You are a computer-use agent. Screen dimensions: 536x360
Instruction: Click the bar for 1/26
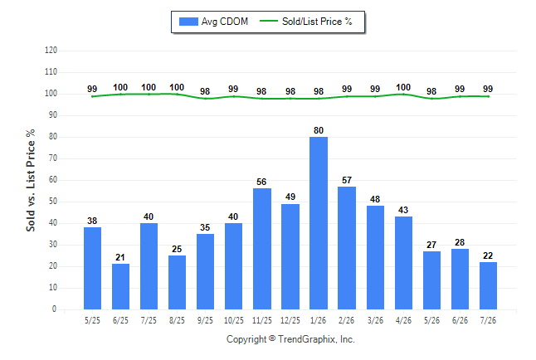click(319, 223)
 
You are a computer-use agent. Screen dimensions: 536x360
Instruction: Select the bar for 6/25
click(120, 286)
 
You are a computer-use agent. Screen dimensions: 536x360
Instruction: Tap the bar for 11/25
click(262, 249)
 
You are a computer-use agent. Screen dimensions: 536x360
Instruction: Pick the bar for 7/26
click(488, 285)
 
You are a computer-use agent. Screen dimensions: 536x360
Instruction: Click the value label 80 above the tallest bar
click(319, 130)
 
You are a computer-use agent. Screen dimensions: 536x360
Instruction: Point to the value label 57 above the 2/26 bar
click(347, 180)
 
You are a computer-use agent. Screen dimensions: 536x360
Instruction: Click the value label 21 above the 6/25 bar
click(120, 257)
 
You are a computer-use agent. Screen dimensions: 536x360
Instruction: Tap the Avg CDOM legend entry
click(213, 22)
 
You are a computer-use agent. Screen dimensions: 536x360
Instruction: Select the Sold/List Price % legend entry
click(306, 22)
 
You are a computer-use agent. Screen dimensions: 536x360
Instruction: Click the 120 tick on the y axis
click(51, 51)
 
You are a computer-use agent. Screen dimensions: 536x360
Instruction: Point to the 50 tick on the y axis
click(53, 202)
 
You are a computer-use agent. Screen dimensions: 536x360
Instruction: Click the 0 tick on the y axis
click(55, 309)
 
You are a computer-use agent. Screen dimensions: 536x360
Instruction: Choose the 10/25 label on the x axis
click(234, 320)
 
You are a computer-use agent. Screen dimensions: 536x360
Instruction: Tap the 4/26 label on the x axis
click(403, 320)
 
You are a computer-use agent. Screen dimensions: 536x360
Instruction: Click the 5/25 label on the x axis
click(92, 320)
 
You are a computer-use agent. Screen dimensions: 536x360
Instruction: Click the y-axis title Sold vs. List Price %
click(31, 180)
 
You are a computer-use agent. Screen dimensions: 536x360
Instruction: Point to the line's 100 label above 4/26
click(403, 88)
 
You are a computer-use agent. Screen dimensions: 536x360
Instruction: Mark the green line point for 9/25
click(205, 99)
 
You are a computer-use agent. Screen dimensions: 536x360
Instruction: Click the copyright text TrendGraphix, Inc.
click(316, 339)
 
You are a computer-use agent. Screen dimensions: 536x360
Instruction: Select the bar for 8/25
click(177, 282)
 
